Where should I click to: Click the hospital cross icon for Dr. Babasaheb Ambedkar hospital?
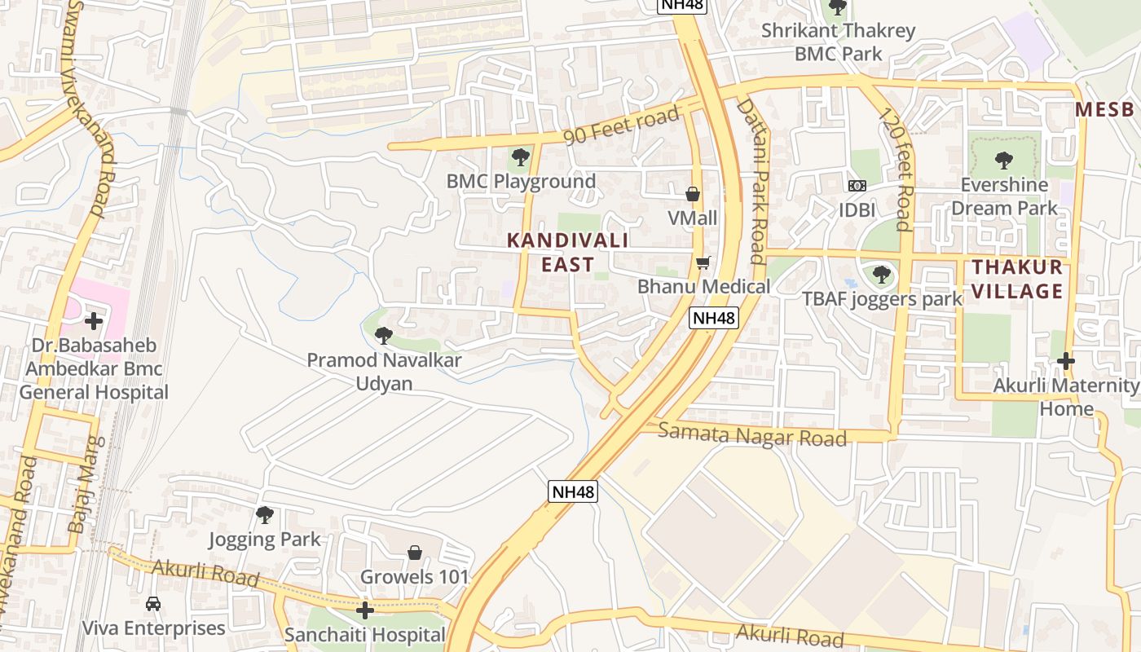(94, 321)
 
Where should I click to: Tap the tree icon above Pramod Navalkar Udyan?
(384, 334)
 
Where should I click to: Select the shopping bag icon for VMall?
(693, 194)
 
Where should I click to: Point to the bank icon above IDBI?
(857, 186)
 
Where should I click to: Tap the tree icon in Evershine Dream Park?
(1004, 161)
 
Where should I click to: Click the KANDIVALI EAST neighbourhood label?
(567, 252)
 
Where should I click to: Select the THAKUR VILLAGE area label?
(1017, 279)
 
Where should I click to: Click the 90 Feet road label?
(621, 126)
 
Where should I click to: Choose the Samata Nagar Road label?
(751, 434)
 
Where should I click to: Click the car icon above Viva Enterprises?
(152, 604)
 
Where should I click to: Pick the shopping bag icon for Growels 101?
(415, 553)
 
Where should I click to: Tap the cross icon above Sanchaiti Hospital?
(365, 610)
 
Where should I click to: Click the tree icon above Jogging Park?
(264, 515)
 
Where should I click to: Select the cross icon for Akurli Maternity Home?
(1065, 360)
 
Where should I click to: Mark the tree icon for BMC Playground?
(520, 157)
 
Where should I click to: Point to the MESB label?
(1104, 110)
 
